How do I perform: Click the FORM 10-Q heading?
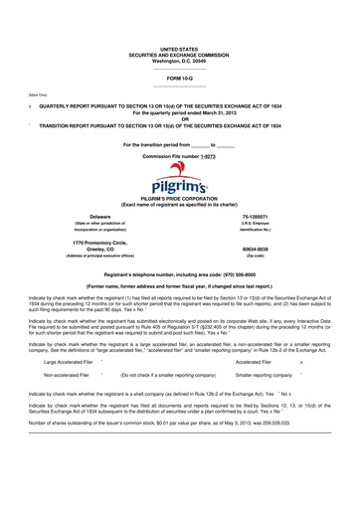pyautogui.click(x=179, y=76)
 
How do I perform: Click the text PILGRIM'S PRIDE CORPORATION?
pyautogui.click(x=179, y=200)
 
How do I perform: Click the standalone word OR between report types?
pyautogui.click(x=179, y=121)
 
